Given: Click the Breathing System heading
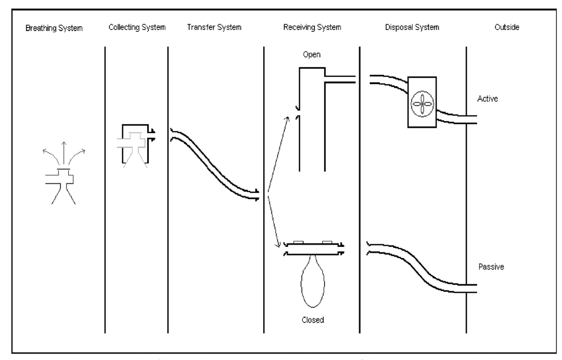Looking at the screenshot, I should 54,28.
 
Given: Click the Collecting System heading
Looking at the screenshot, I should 137,28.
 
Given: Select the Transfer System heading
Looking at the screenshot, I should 214,28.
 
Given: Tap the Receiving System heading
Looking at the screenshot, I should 312,28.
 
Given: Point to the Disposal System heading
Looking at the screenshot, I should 412,28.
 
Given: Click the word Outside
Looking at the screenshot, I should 507,28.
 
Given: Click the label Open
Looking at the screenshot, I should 312,55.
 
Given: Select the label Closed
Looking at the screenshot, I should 313,320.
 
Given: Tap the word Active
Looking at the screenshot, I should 488,99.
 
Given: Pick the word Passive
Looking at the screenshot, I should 491,267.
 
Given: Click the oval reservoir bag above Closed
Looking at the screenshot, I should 313,283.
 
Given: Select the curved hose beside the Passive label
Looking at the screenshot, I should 416,265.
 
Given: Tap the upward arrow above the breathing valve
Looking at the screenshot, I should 63,152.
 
